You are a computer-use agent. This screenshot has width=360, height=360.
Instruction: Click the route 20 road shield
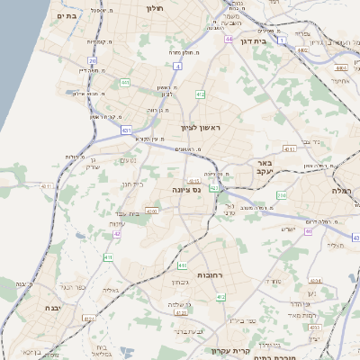[93, 61]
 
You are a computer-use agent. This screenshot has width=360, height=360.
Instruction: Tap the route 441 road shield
[125, 83]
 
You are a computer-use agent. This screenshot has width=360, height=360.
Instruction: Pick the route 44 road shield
[229, 40]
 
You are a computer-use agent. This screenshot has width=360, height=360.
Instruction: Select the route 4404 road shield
[339, 67]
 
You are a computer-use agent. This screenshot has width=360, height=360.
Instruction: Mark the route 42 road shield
[118, 234]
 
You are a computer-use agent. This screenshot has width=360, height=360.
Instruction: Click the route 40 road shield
[307, 231]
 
